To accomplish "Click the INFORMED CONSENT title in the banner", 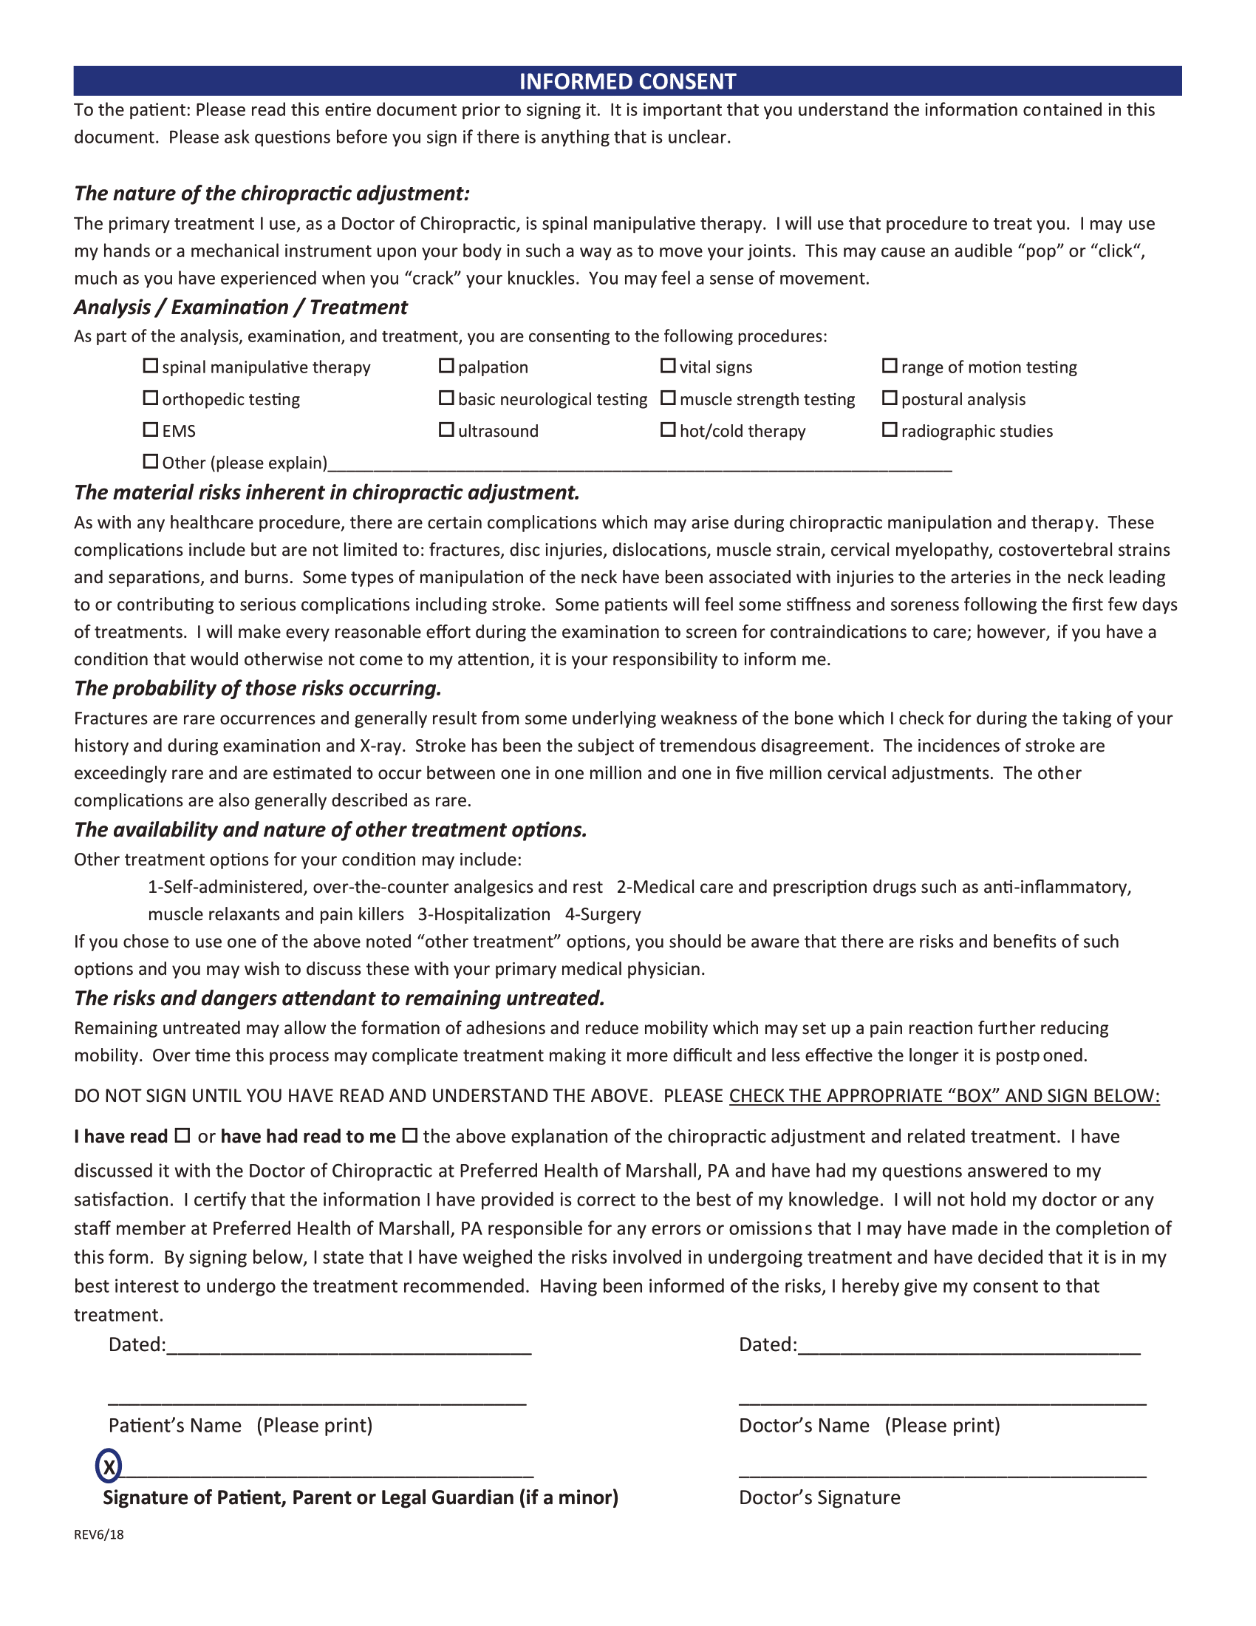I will point(627,81).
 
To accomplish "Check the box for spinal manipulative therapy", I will point(150,367).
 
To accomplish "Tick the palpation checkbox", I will point(446,367).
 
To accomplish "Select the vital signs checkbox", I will point(668,367).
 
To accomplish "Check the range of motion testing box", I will point(889,367).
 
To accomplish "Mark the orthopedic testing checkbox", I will point(150,398).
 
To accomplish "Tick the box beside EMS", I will point(150,430).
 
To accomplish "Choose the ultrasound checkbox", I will point(446,430).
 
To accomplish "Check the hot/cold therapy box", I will point(668,430).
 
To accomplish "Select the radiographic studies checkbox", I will point(889,430).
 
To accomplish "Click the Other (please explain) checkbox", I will point(150,463).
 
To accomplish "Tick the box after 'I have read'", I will point(182,1136).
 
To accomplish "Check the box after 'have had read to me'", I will point(409,1136).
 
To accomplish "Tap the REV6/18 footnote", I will point(98,1534).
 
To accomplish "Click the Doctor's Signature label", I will point(819,1497).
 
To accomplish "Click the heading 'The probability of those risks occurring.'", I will point(257,688).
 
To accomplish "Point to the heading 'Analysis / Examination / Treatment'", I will point(240,307).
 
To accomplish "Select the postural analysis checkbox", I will point(889,398).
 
